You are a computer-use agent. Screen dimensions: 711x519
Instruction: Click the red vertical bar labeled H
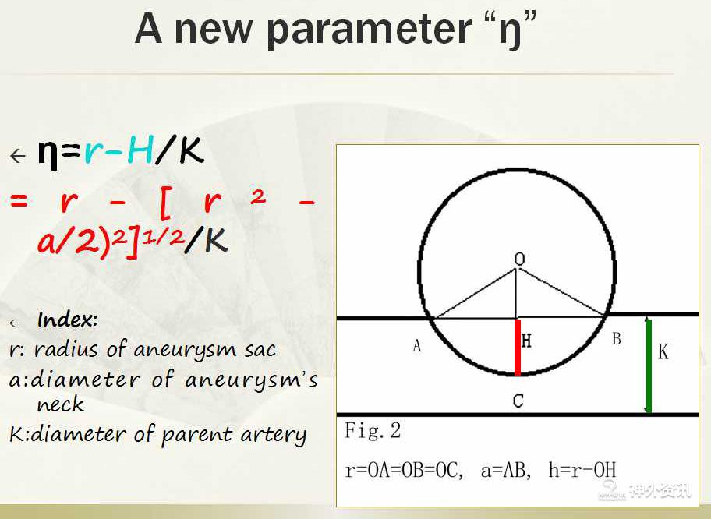[518, 348]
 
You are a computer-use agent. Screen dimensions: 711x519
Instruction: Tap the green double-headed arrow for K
[649, 365]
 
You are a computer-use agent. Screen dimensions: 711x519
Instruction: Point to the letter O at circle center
[520, 259]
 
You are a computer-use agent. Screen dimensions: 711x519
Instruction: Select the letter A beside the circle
[417, 346]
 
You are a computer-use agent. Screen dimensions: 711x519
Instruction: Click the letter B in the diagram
[616, 338]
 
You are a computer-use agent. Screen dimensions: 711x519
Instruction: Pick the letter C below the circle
[518, 401]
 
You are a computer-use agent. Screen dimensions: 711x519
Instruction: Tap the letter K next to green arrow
[663, 351]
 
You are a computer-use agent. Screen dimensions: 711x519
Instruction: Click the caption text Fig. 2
[373, 431]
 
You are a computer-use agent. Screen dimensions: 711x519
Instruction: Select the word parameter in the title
[369, 30]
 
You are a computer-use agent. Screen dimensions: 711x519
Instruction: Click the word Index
[67, 320]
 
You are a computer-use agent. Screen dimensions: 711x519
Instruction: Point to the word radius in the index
[66, 349]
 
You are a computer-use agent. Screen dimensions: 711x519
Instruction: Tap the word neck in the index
[60, 404]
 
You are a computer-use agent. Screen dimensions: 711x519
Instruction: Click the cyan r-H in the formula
[118, 151]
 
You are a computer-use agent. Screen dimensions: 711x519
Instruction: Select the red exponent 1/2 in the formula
[163, 235]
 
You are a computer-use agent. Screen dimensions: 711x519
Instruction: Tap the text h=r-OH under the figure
[582, 470]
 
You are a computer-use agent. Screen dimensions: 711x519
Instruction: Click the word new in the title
[213, 30]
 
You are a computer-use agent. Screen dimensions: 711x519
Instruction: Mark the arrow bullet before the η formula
[18, 156]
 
